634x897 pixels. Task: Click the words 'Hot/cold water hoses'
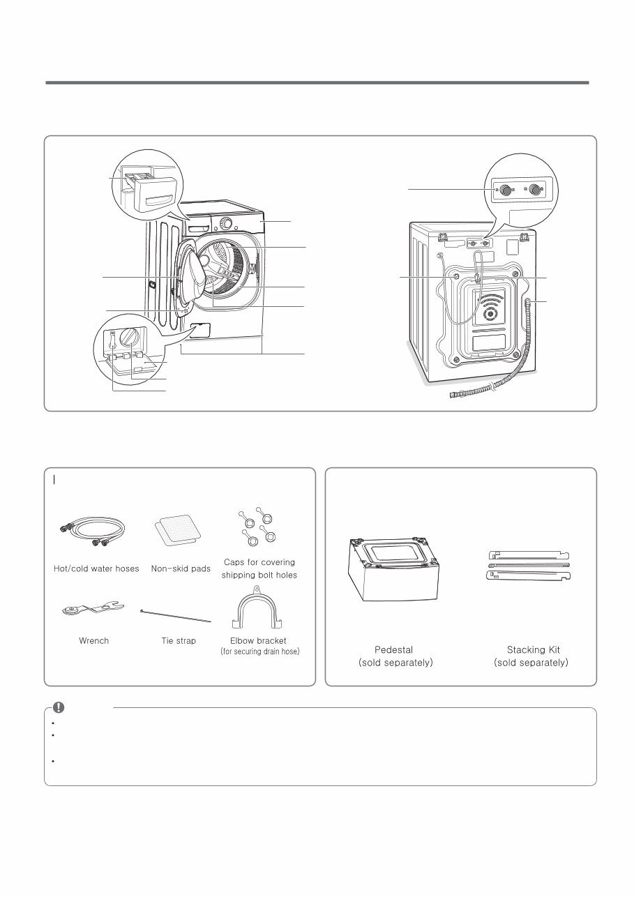click(96, 568)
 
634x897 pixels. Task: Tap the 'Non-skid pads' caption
click(181, 568)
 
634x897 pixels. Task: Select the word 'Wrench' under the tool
click(93, 640)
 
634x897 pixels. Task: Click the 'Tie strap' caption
click(179, 640)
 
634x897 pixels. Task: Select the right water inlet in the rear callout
click(536, 190)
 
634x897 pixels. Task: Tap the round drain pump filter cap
click(130, 339)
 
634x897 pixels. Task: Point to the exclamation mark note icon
click(59, 707)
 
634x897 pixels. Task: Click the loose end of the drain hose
click(453, 395)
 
